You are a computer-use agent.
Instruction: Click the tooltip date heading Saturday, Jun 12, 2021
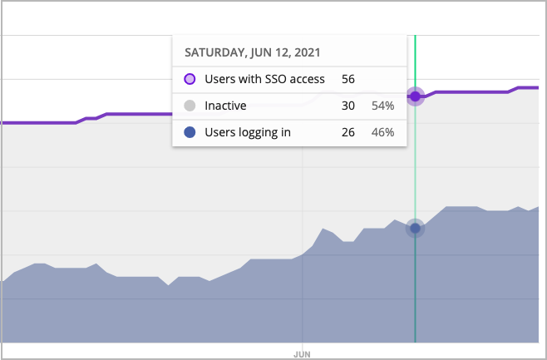coord(252,52)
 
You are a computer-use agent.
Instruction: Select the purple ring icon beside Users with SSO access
coord(190,80)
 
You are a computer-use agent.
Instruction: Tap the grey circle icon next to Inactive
coord(190,106)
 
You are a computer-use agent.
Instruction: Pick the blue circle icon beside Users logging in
coord(190,131)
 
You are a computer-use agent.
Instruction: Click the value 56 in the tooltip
coord(348,80)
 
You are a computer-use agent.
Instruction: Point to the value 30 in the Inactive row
coord(348,106)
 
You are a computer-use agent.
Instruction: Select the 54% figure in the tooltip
coord(382,106)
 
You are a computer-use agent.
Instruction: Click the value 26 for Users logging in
coord(348,131)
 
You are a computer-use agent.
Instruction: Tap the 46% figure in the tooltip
coord(382,131)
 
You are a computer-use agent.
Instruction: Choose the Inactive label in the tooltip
coord(225,106)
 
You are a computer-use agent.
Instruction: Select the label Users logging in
coord(248,131)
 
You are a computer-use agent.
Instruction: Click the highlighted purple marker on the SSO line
coord(415,96)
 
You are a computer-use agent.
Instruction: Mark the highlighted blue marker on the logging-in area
coord(415,229)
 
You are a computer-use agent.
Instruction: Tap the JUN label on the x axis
coord(303,353)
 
